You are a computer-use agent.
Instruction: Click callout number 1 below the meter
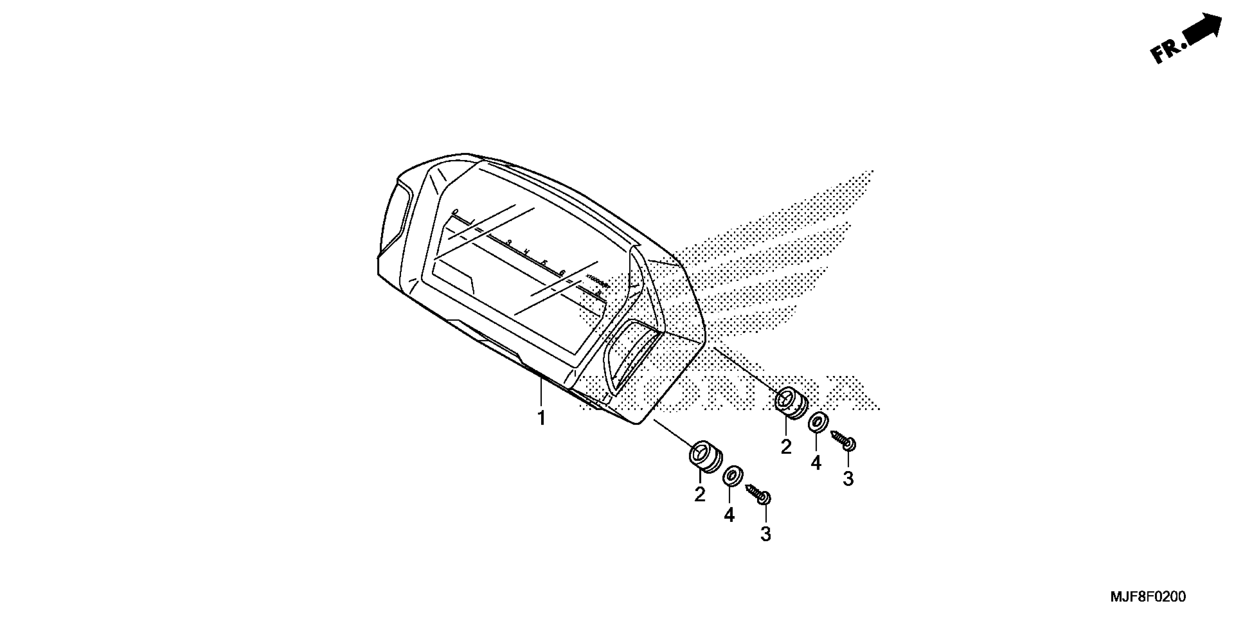pyautogui.click(x=541, y=418)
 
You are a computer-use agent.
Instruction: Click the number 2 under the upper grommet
pyautogui.click(x=786, y=447)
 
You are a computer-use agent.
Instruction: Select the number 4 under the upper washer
pyautogui.click(x=816, y=463)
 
